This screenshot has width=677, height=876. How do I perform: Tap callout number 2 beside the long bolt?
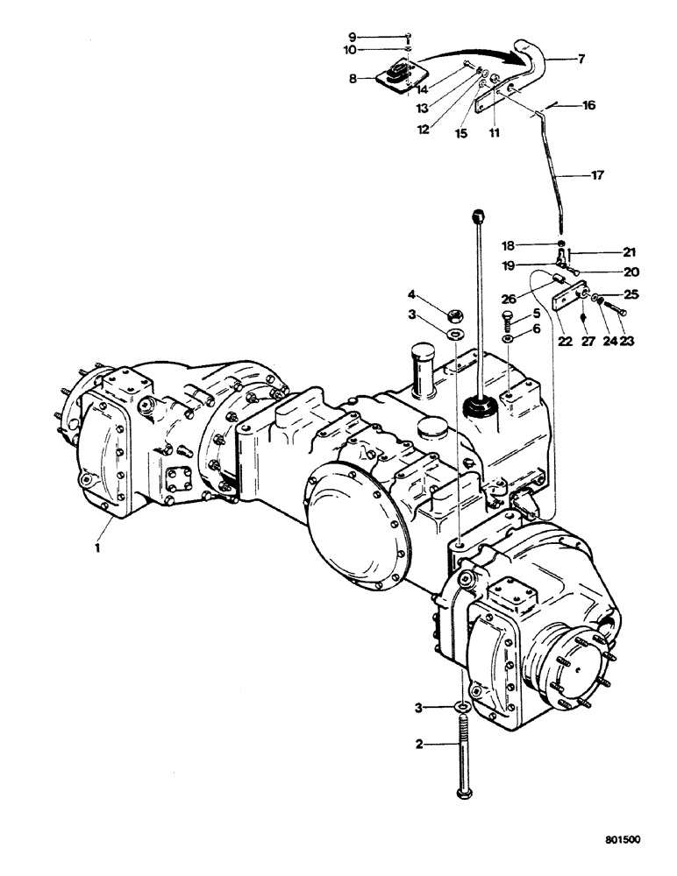click(x=419, y=745)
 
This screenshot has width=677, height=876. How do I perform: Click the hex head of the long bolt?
click(x=464, y=793)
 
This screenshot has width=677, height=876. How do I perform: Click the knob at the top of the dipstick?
click(x=478, y=213)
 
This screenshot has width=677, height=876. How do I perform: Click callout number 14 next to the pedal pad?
click(x=422, y=88)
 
